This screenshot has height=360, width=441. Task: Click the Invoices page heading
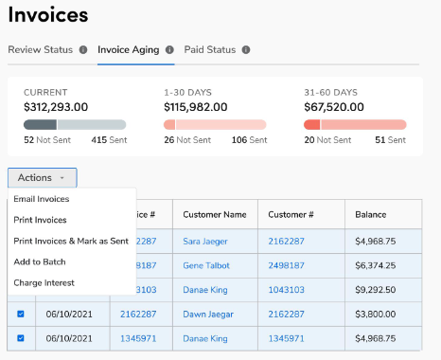pos(48,15)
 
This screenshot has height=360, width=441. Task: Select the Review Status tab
pos(42,49)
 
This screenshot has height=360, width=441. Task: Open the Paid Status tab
pos(211,49)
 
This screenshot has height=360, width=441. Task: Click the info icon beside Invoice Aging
pos(169,49)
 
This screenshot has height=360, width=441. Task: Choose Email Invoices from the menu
pos(41,199)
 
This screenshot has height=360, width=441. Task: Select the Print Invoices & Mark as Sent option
pos(70,241)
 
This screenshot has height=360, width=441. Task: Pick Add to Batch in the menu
pos(39,261)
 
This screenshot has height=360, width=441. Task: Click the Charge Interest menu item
pos(44,282)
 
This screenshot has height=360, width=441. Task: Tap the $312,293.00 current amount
pos(56,107)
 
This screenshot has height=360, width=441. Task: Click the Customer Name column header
pos(215,214)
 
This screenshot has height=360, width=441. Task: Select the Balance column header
pos(370,214)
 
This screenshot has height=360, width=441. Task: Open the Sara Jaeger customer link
pos(205,241)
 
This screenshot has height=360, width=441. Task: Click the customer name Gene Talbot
pos(207,265)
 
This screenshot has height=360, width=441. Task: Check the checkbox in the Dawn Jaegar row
pos(21,314)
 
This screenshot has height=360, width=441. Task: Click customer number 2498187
pos(287,265)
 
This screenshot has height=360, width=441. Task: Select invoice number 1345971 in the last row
pos(138,337)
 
